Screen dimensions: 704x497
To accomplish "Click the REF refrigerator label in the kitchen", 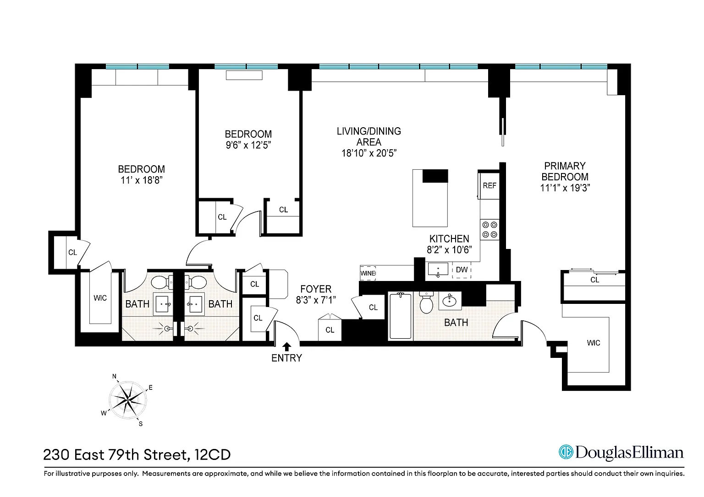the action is pyautogui.click(x=489, y=185).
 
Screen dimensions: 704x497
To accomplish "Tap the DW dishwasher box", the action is pyautogui.click(x=462, y=270).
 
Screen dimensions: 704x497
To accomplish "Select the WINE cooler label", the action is pyautogui.click(x=368, y=273).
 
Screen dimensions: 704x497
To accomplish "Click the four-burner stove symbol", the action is pyautogui.click(x=489, y=230).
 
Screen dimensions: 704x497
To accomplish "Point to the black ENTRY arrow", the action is pyautogui.click(x=286, y=346).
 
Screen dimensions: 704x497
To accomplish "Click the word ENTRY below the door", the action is pyautogui.click(x=286, y=358).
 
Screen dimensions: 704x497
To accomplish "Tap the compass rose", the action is pyautogui.click(x=128, y=400).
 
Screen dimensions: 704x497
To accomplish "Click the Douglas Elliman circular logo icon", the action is pyautogui.click(x=566, y=452).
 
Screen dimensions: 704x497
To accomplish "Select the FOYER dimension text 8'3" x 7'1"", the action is pyautogui.click(x=316, y=300).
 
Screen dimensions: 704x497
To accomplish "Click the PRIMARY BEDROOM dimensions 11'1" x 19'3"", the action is pyautogui.click(x=565, y=188).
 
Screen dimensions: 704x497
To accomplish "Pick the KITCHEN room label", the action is pyautogui.click(x=449, y=239).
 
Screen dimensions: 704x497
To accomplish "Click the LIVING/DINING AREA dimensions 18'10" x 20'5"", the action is pyautogui.click(x=369, y=153).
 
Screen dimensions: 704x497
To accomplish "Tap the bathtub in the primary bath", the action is pyautogui.click(x=400, y=316).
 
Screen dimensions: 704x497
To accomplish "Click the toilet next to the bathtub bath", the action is pyautogui.click(x=426, y=302).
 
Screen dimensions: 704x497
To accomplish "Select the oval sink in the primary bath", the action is pyautogui.click(x=450, y=301).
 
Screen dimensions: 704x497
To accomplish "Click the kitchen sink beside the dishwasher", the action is pyautogui.click(x=438, y=270).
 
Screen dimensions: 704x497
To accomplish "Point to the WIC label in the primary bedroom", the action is pyautogui.click(x=594, y=343).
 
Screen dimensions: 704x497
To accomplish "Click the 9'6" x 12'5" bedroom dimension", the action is pyautogui.click(x=248, y=145).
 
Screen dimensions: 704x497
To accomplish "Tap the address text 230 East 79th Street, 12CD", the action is pyautogui.click(x=137, y=454).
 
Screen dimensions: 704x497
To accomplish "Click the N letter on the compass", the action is pyautogui.click(x=115, y=376).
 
